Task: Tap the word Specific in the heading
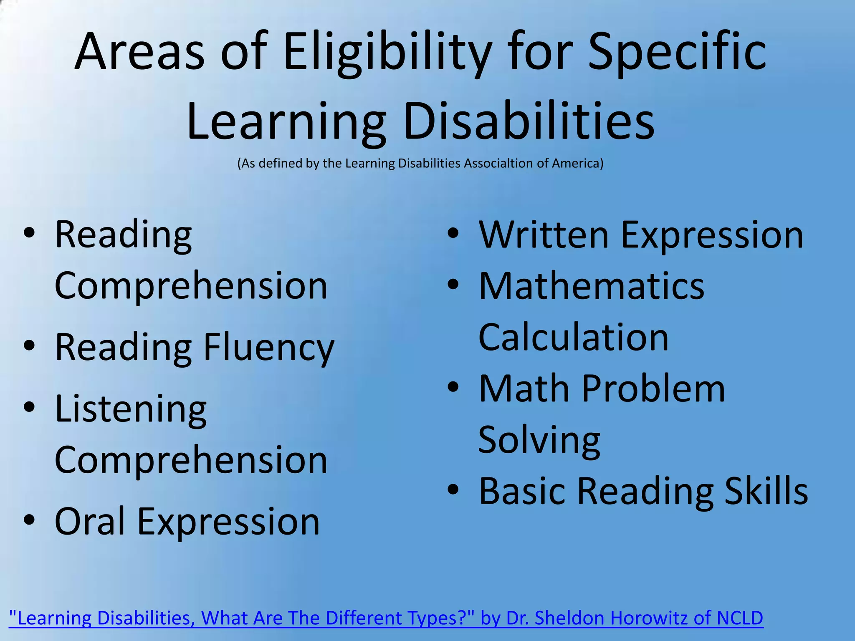[x=677, y=52]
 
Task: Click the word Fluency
[x=269, y=348]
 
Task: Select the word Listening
[x=131, y=409]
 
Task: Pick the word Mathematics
[x=591, y=286]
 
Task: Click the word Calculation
[x=573, y=337]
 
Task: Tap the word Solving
[x=539, y=440]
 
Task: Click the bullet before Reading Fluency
[x=29, y=346]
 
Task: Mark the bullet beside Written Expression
[x=453, y=233]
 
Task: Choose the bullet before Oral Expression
[x=29, y=520]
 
